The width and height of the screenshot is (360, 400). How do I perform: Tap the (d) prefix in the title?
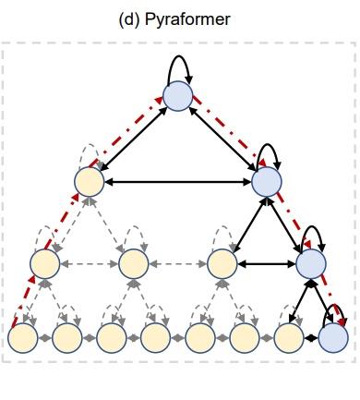coord(130,18)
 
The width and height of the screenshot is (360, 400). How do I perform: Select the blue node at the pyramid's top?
coord(177,95)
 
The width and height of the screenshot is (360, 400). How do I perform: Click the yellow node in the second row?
coord(90,181)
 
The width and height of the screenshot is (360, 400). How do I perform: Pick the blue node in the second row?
coord(266,181)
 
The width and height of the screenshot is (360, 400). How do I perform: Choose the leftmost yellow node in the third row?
coord(45,264)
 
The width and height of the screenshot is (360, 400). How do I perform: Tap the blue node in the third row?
coord(310,264)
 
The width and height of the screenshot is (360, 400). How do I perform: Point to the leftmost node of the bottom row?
coord(23,338)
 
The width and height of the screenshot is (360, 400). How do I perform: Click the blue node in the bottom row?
coord(333,338)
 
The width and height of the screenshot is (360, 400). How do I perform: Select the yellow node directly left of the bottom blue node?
coord(289,338)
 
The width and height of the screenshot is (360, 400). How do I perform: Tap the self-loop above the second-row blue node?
coord(268,152)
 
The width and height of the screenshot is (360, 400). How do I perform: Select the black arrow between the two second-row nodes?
coord(177,182)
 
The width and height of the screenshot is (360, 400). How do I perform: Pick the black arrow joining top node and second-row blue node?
coord(222,139)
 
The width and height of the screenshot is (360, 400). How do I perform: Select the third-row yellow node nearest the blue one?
coord(222,264)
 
